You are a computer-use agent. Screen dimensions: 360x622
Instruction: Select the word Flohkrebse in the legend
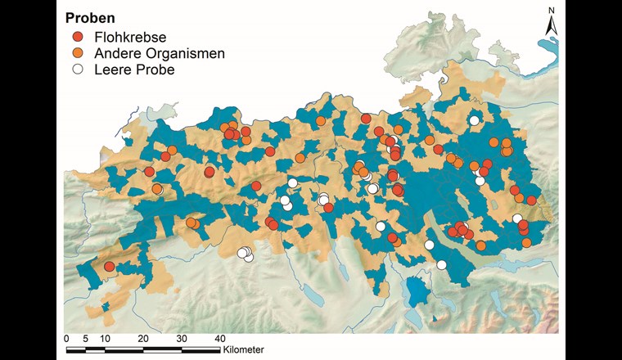128,37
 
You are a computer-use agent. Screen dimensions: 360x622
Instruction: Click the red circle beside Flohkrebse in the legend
79,37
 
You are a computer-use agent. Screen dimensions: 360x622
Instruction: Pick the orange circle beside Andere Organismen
79,53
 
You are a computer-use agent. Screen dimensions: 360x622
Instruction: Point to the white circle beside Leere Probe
79,70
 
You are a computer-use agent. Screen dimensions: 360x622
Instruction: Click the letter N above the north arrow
552,10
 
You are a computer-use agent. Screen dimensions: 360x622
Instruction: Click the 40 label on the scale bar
219,338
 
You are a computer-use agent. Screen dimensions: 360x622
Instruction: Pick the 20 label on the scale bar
142,338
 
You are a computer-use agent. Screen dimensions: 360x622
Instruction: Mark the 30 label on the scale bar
181,338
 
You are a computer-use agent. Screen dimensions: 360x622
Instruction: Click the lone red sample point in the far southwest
109,267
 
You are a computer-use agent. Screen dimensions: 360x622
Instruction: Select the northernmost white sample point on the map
474,121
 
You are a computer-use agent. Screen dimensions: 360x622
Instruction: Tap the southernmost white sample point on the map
441,264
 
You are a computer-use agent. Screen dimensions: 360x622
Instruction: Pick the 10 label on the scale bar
105,338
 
